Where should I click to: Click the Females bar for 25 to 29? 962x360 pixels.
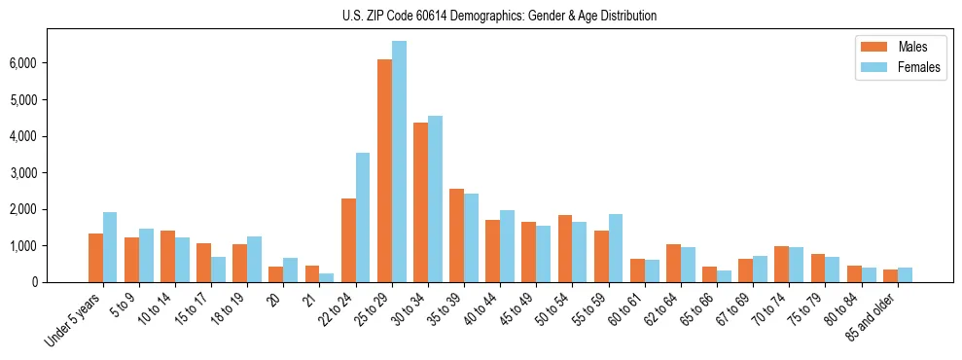(399, 162)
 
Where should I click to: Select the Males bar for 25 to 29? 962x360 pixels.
(384, 171)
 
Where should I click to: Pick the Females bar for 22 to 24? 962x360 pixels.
(363, 217)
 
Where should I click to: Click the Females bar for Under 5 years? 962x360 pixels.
(110, 247)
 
